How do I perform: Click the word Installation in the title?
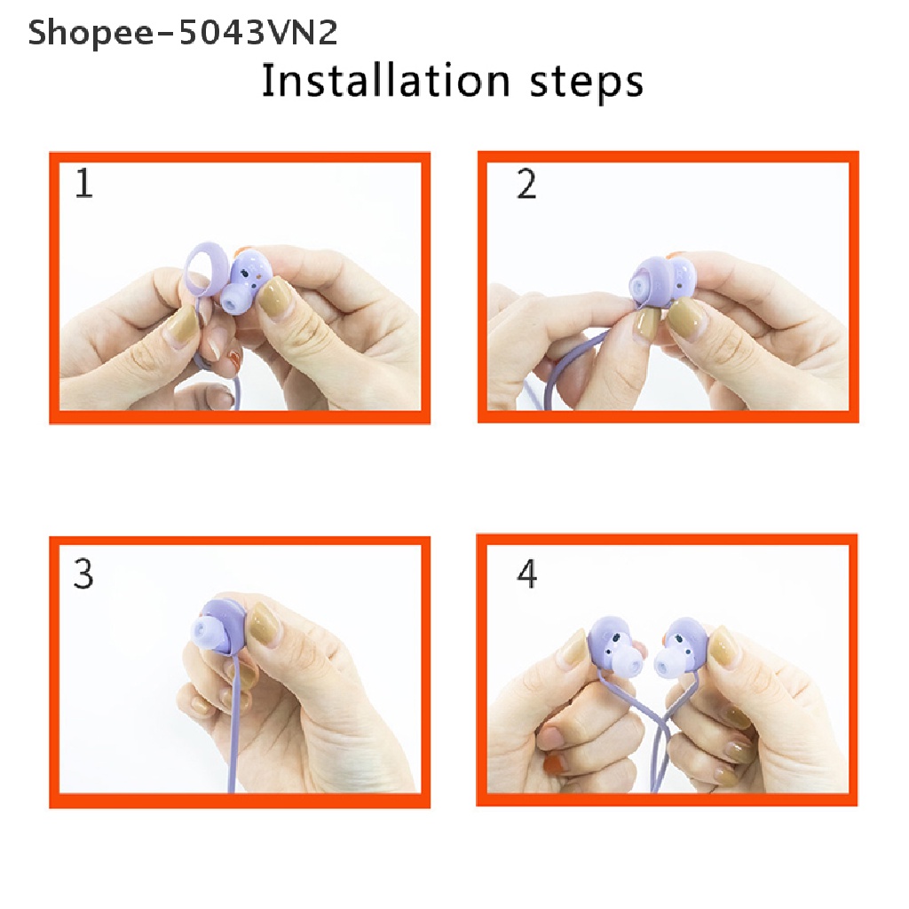(x=385, y=81)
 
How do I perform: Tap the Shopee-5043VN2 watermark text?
(x=182, y=33)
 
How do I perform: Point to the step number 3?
(x=83, y=574)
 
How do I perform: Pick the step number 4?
(x=526, y=574)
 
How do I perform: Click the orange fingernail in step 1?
(x=234, y=360)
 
